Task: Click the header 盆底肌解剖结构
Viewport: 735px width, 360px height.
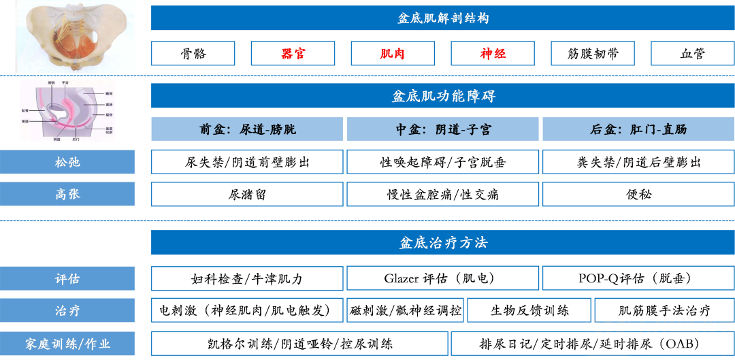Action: (442, 18)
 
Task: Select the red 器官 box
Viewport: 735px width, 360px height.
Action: (293, 54)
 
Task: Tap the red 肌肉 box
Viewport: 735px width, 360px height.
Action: (393, 54)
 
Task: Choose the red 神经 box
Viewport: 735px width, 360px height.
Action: (493, 54)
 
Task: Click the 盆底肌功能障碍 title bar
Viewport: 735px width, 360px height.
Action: (442, 96)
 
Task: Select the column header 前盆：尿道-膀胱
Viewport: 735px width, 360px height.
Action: (248, 129)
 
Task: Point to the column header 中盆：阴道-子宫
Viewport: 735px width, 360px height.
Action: (443, 129)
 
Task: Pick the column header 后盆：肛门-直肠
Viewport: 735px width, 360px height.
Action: (638, 129)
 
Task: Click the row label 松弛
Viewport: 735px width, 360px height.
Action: (67, 162)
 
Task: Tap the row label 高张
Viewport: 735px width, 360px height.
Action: (67, 194)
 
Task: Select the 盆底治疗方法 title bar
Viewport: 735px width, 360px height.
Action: (442, 242)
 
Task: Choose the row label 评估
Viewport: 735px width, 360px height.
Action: (67, 278)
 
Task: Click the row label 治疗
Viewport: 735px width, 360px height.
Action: (67, 310)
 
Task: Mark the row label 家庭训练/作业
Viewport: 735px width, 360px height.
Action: (67, 344)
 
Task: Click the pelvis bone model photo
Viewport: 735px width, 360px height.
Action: (75, 35)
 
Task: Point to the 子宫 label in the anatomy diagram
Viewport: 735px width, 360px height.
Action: (65, 82)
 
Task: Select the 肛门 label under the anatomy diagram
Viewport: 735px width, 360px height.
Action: (76, 139)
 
